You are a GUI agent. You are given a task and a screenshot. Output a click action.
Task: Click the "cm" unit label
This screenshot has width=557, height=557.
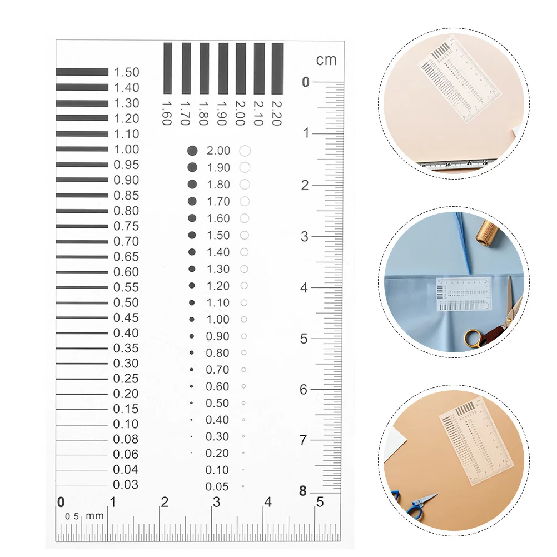click(x=326, y=60)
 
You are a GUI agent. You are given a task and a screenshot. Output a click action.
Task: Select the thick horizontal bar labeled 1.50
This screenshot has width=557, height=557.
click(x=82, y=72)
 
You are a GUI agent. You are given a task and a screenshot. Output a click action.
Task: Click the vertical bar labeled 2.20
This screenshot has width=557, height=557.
click(x=277, y=68)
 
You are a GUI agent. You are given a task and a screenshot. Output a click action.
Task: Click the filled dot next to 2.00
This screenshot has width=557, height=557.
click(x=193, y=151)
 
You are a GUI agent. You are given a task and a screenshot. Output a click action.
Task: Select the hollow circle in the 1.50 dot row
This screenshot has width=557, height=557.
click(x=244, y=235)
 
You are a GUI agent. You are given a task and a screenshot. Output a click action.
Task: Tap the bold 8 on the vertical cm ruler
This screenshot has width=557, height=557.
click(x=303, y=491)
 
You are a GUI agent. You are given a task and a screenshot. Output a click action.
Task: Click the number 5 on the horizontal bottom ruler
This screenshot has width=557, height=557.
click(x=320, y=502)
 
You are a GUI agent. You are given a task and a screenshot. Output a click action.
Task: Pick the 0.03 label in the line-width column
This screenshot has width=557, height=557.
click(x=126, y=485)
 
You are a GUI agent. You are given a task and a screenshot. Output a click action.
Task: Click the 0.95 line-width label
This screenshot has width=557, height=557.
click(x=126, y=165)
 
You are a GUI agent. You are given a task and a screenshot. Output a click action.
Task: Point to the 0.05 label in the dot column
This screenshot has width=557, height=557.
click(x=217, y=487)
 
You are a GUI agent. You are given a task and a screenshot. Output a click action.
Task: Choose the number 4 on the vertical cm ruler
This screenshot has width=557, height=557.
click(x=304, y=288)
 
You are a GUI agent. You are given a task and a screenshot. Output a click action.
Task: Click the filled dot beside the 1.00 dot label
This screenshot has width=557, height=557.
click(x=192, y=319)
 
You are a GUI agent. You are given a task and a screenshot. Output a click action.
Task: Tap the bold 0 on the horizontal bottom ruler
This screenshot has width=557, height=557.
click(x=61, y=502)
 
